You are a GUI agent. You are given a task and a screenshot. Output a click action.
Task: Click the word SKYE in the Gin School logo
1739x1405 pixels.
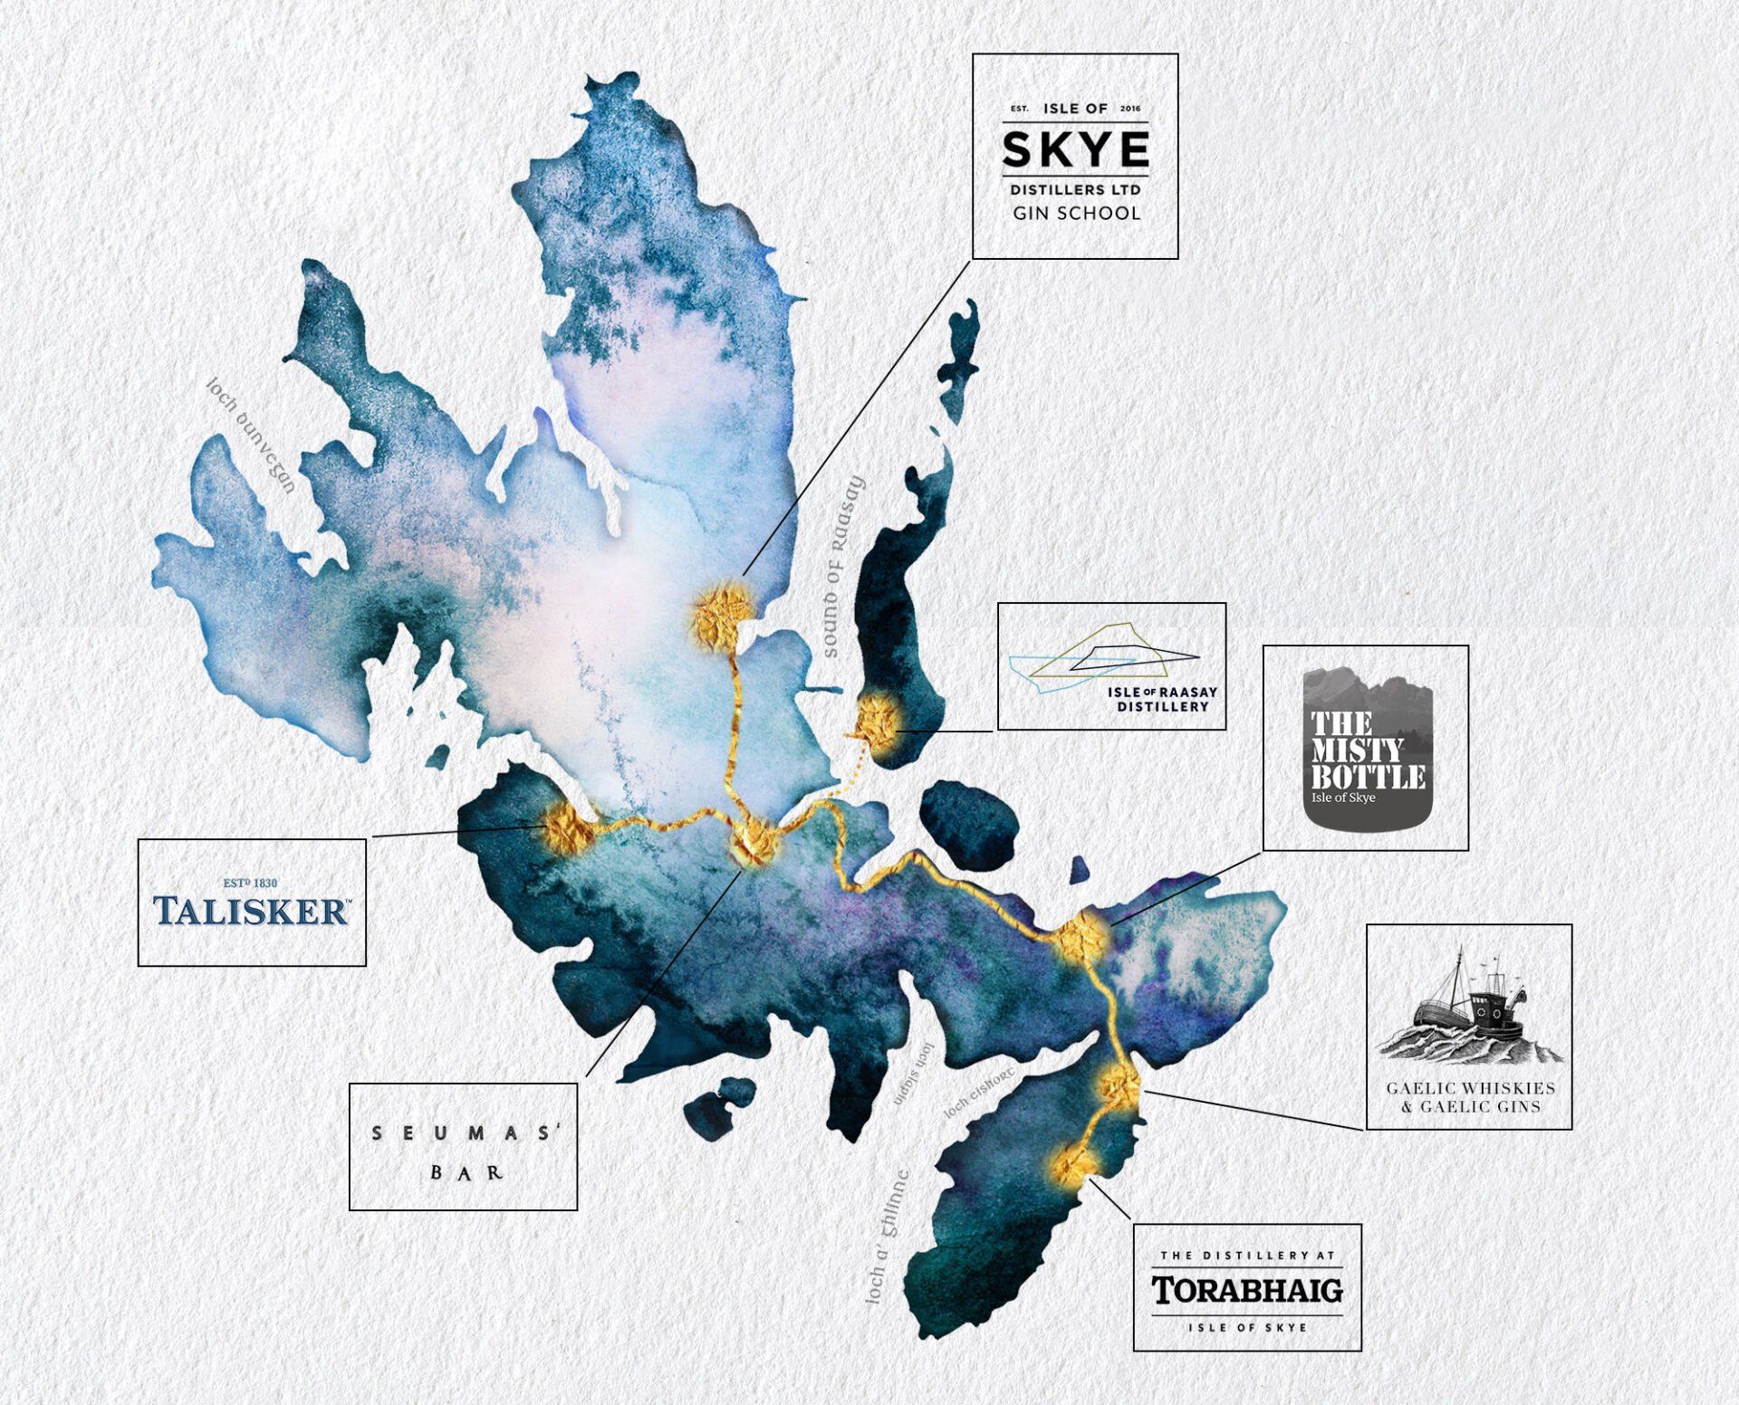click(1075, 149)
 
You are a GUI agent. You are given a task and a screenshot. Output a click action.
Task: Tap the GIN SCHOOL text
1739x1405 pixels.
click(1076, 214)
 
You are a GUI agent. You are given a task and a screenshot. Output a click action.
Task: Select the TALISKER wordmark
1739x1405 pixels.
click(251, 911)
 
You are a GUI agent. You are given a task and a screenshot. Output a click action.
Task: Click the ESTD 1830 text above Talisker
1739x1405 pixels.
click(251, 883)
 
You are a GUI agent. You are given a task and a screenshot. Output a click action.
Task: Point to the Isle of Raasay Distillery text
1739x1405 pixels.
click(1162, 699)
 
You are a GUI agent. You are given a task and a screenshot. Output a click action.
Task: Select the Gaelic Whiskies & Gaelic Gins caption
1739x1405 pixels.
click(1470, 1097)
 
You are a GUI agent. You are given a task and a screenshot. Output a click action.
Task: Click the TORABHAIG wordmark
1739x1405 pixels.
click(1247, 1290)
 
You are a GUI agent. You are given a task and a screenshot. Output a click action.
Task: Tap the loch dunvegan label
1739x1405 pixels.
click(251, 435)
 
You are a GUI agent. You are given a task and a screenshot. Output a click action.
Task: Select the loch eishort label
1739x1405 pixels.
click(979, 1092)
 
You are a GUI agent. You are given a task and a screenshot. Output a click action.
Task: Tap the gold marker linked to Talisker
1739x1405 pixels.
click(566, 827)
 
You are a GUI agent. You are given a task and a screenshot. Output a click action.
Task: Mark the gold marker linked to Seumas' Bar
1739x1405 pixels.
click(754, 841)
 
